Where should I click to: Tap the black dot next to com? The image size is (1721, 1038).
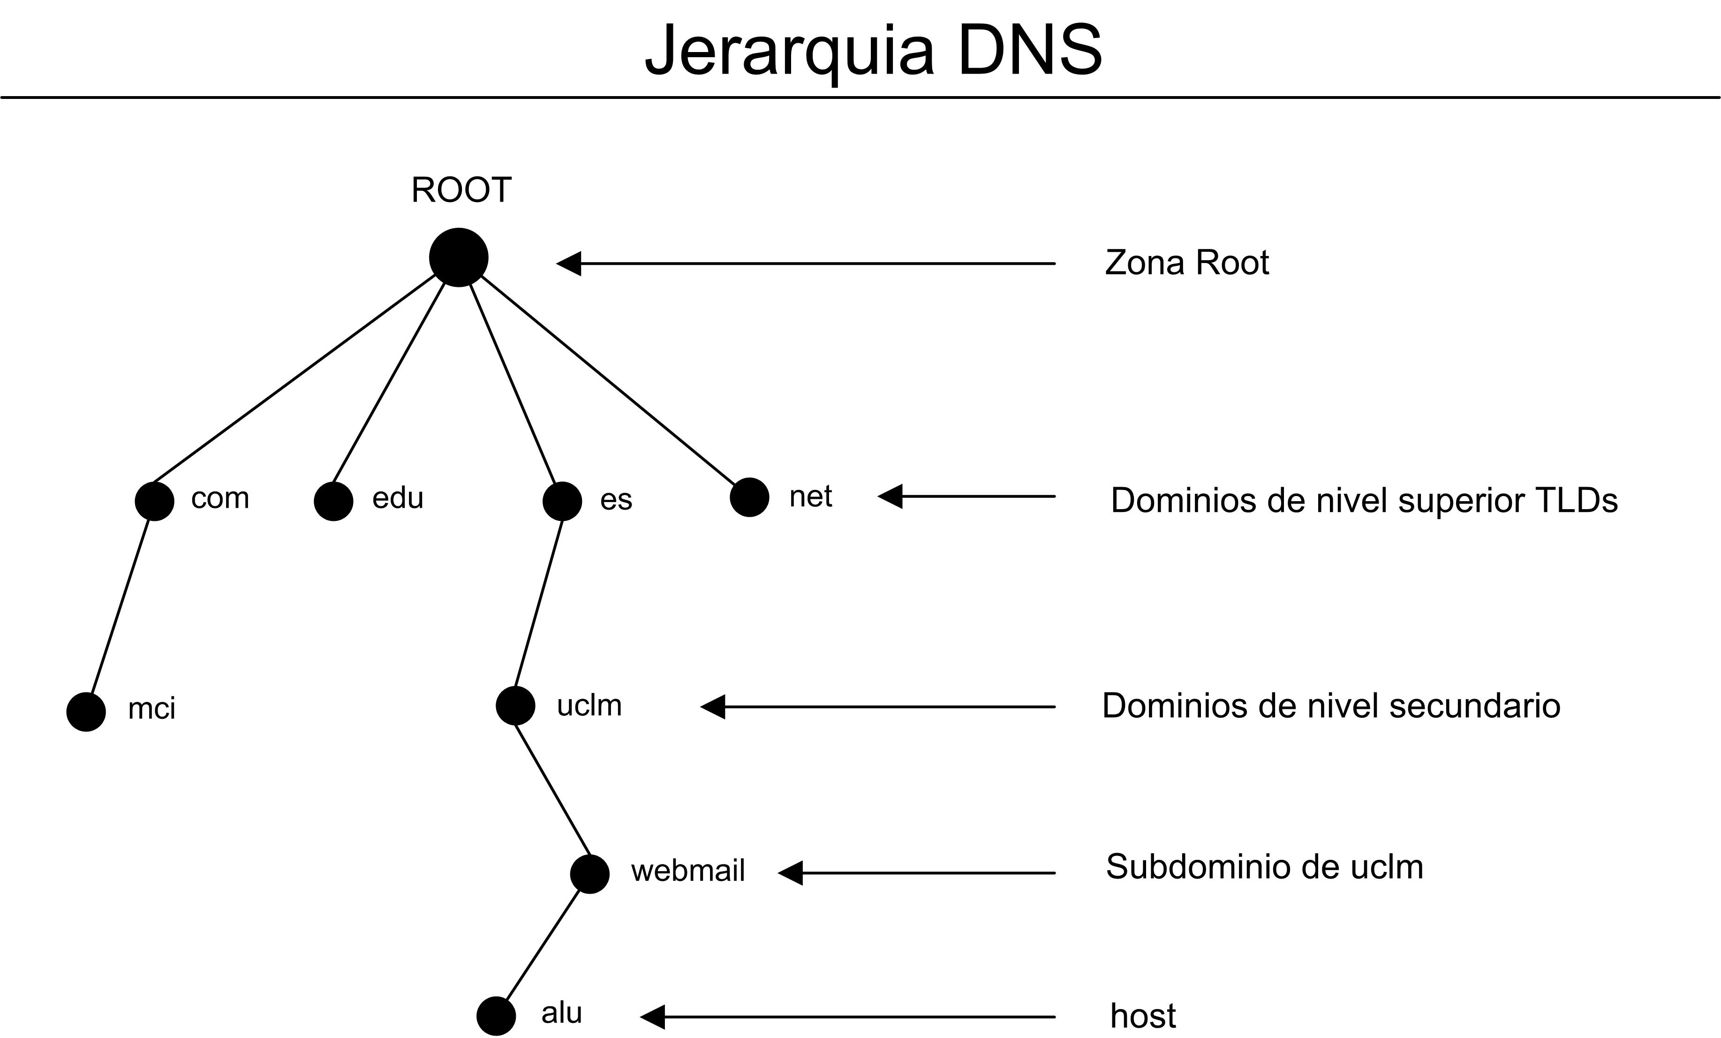[154, 501]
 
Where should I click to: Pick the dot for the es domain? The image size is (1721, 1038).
[562, 501]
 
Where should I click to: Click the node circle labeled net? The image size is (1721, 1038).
[749, 497]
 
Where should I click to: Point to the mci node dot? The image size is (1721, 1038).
[86, 712]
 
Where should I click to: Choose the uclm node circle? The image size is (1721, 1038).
[515, 706]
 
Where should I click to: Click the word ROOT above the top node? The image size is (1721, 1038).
[461, 190]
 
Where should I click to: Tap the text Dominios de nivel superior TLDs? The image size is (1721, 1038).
[1363, 501]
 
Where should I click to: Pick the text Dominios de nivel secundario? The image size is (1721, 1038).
[1330, 706]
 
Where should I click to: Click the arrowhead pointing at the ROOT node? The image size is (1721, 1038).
[569, 263]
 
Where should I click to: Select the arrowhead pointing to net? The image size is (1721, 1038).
[890, 496]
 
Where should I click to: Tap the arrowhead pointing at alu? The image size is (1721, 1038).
[652, 1016]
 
